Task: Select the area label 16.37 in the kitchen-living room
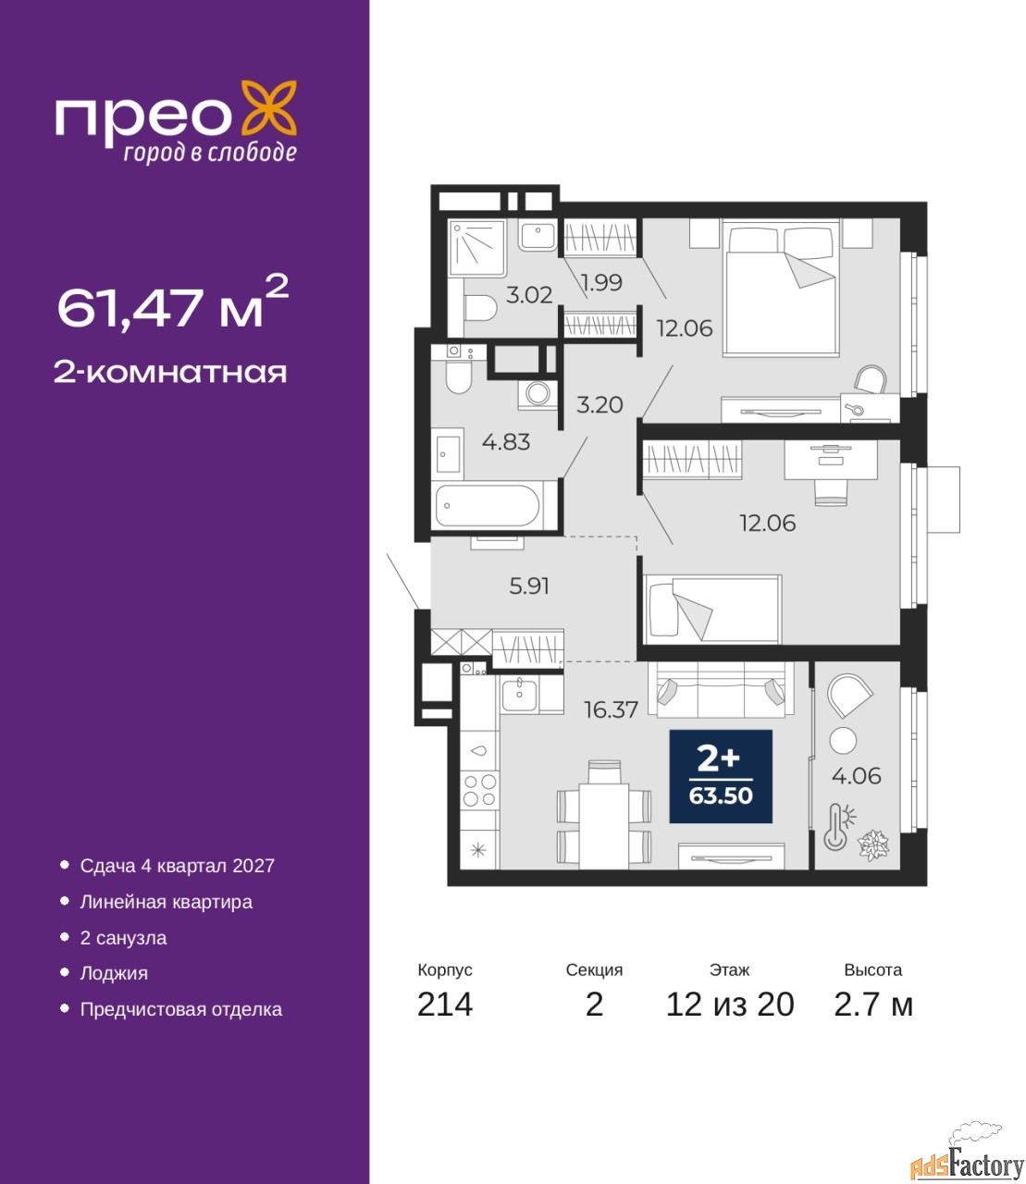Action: (x=611, y=710)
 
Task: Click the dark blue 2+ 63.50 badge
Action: (x=721, y=776)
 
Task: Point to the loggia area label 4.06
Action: (x=857, y=776)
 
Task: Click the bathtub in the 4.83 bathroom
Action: (x=488, y=506)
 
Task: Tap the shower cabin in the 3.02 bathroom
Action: (x=476, y=248)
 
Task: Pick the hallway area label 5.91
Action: (x=529, y=586)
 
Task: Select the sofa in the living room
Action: (x=721, y=690)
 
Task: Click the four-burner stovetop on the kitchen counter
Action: (x=480, y=790)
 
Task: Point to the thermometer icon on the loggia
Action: (x=837, y=827)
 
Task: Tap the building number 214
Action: (x=445, y=1005)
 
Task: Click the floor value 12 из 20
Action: (x=730, y=1005)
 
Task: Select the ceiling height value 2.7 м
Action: (x=873, y=1005)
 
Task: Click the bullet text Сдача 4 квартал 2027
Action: (x=178, y=866)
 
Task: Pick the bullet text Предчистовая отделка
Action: (x=181, y=1009)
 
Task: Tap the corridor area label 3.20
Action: (x=600, y=404)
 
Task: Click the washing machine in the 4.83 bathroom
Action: (x=538, y=394)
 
